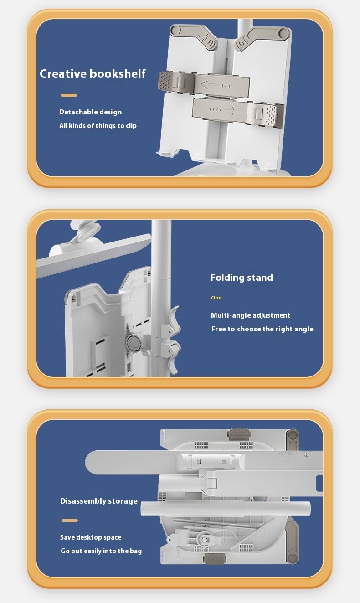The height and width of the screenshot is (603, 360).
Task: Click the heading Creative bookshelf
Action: click(x=93, y=74)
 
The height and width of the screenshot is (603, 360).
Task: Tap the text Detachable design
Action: click(x=90, y=112)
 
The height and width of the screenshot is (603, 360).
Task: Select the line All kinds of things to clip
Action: click(x=98, y=126)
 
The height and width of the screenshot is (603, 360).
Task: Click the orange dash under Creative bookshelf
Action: click(x=69, y=95)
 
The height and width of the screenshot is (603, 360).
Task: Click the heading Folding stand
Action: click(x=242, y=278)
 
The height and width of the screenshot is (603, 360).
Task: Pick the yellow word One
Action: click(x=216, y=298)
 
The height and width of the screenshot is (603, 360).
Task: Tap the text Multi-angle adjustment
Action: click(x=251, y=315)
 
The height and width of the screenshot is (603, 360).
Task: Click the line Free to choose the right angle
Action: click(x=262, y=329)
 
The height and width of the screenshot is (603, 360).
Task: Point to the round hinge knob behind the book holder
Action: click(x=134, y=342)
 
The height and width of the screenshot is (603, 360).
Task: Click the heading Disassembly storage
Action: click(x=99, y=501)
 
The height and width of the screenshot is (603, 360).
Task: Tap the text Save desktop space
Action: click(x=91, y=537)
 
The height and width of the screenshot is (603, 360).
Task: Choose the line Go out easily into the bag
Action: click(x=101, y=551)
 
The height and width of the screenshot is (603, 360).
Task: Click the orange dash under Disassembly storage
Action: click(x=70, y=521)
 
